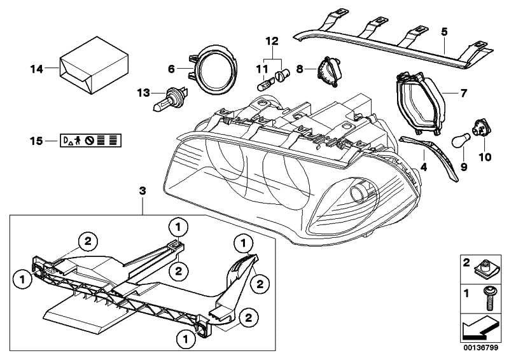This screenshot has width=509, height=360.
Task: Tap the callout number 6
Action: point(171,68)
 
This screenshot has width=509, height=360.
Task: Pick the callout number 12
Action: point(272,41)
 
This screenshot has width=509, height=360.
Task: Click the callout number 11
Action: point(261,67)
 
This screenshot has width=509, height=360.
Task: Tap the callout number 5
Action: point(443,31)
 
